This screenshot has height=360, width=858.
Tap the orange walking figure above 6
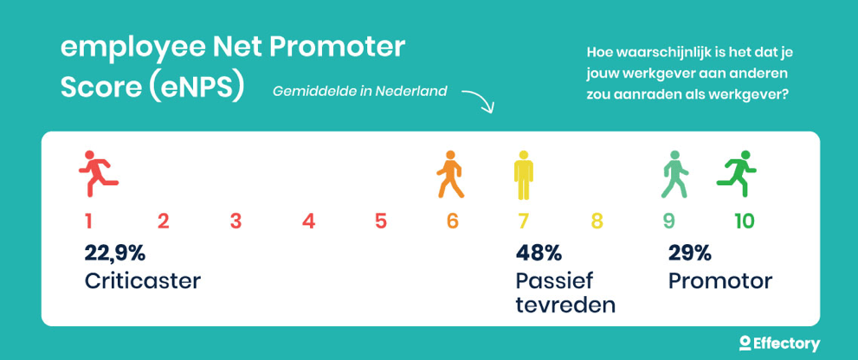450,174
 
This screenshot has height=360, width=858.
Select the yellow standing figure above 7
524,175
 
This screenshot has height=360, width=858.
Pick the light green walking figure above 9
675,174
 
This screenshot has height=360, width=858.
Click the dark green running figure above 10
737,173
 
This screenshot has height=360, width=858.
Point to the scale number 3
235,222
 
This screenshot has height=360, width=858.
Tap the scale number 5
381,222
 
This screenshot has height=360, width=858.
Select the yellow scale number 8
597,222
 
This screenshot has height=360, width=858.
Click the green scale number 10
745,222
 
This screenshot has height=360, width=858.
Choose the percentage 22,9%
114,254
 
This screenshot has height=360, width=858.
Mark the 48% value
539,254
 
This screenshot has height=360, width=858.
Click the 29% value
689,254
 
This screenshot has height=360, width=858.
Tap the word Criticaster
142,281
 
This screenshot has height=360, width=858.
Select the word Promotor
720,281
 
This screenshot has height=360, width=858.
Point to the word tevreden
565,305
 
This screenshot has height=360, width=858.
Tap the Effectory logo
779,344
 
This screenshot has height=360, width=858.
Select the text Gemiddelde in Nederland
359,91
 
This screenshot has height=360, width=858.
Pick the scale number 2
163,222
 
